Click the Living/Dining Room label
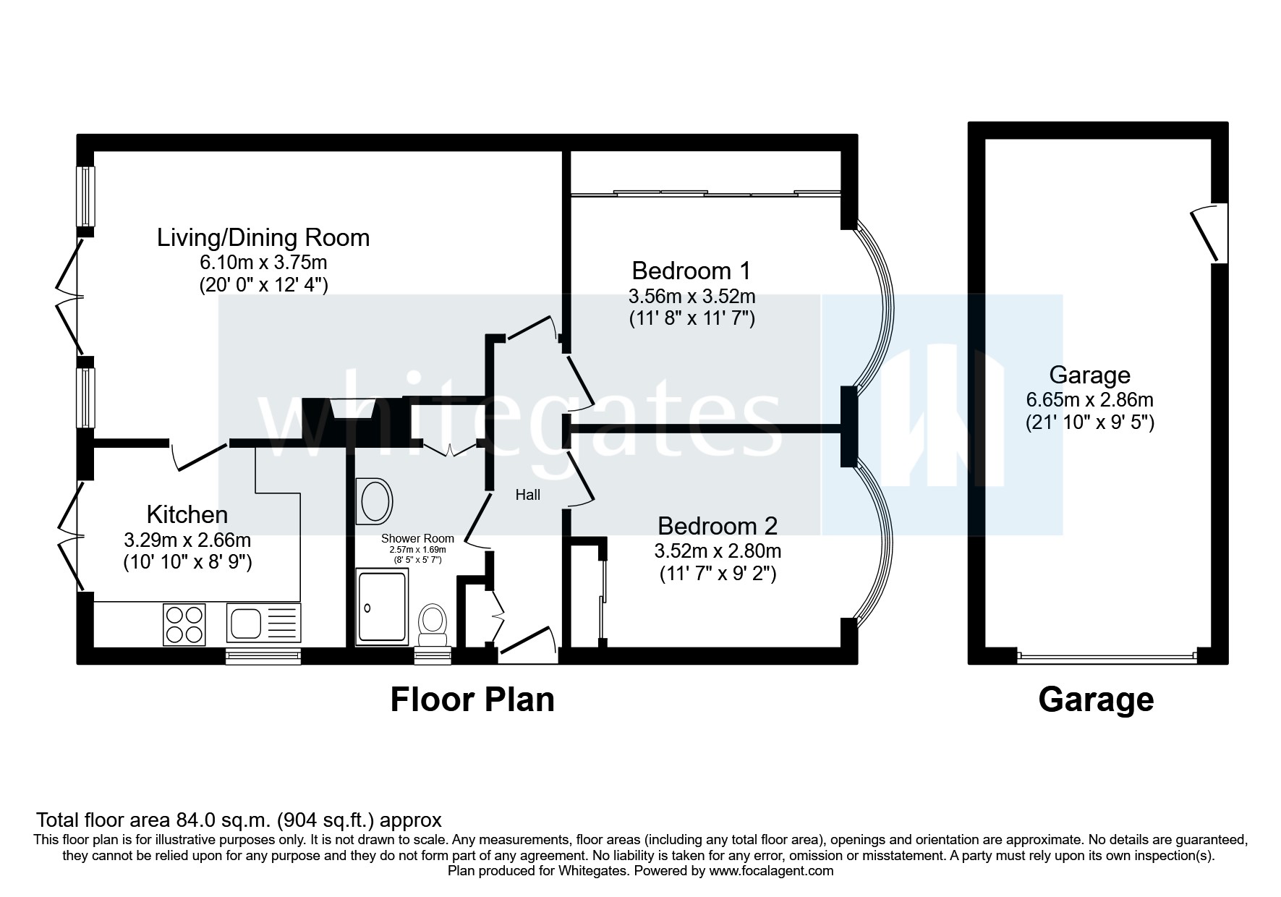click(x=263, y=237)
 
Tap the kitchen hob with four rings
click(x=184, y=625)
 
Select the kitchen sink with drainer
click(x=263, y=623)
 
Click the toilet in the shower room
click(x=433, y=626)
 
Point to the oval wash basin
click(x=375, y=502)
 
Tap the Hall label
click(x=527, y=496)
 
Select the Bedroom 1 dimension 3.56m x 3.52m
click(x=691, y=296)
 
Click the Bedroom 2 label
click(x=717, y=524)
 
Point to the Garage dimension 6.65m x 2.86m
click(x=1089, y=399)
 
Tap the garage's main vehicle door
click(x=1107, y=657)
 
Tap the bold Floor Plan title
click(x=472, y=700)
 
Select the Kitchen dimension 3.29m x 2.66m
click(x=187, y=540)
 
